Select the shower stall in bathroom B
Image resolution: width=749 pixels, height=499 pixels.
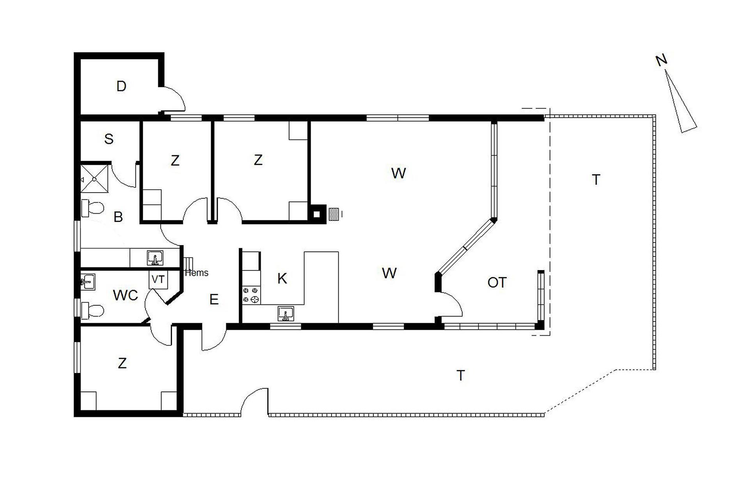coord(94,178)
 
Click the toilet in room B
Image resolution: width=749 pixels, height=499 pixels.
coord(92,208)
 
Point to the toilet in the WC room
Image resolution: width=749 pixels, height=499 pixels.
coord(92,311)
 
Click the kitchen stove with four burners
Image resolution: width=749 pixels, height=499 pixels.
coord(251,295)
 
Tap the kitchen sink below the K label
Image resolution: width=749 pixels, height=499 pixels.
coord(286,314)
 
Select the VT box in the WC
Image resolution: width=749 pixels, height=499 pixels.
coord(158,280)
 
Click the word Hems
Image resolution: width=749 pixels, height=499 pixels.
coord(197,273)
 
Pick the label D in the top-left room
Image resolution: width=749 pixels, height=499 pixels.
coord(121,86)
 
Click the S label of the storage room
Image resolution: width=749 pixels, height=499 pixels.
coord(109,139)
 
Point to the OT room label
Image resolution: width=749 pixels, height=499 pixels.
coord(497,282)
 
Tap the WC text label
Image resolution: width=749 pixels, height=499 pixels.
coord(125,296)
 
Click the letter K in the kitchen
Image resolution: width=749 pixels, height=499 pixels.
coord(282,278)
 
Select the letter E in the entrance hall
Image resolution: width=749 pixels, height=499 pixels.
coord(214,299)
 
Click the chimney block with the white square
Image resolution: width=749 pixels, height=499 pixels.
coord(317,214)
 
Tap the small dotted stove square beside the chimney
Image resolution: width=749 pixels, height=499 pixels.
coord(334,214)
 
